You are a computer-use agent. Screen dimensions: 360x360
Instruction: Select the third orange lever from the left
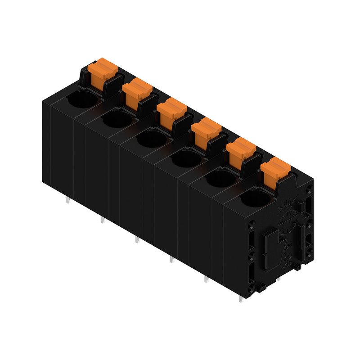click(x=172, y=109)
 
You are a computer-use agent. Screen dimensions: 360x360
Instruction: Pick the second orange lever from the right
click(x=240, y=149)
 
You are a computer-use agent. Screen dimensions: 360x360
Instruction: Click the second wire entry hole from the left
click(x=117, y=119)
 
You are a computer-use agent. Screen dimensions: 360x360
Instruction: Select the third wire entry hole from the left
click(x=152, y=139)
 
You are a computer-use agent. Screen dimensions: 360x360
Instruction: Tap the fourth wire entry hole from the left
click(x=186, y=158)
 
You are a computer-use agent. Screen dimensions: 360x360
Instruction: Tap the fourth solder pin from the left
click(x=171, y=260)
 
